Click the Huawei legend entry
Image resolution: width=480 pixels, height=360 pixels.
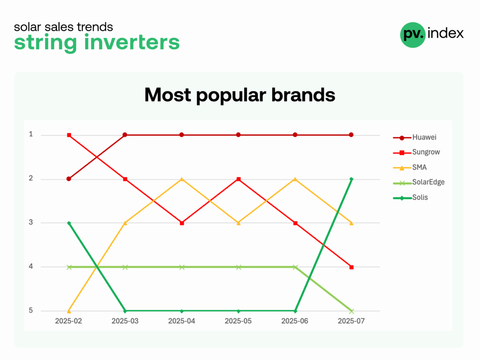point(415,137)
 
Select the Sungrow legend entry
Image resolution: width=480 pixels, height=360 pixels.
point(416,152)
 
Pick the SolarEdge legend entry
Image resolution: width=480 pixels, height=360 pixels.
point(419,182)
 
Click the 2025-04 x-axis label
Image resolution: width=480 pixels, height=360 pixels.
point(181,321)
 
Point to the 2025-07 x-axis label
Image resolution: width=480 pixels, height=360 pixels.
point(351,321)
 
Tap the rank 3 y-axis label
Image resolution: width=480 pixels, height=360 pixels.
point(31,222)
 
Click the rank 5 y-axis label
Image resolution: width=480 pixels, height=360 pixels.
point(31,310)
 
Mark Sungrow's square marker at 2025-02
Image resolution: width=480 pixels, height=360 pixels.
point(69,135)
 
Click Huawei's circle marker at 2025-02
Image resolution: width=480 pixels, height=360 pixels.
point(69,179)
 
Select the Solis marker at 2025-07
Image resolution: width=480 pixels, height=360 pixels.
point(352,179)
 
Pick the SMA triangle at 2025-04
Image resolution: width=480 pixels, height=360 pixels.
point(182,179)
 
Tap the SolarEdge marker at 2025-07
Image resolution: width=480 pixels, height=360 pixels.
point(352,311)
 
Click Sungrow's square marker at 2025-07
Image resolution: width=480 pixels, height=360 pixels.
point(352,267)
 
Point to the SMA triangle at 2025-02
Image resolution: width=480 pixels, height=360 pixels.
point(69,311)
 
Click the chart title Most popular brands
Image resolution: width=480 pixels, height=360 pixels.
point(240,95)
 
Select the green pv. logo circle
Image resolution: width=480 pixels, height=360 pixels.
point(412,35)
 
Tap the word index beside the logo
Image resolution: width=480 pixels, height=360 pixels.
point(446,33)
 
